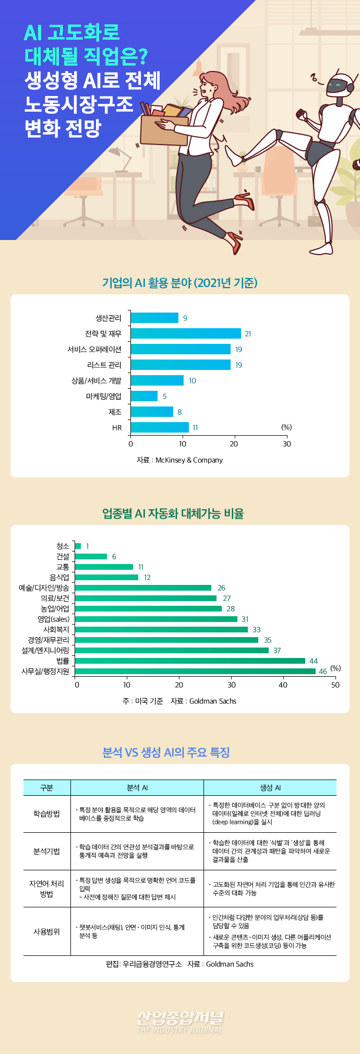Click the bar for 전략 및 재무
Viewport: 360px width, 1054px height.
pyautogui.click(x=185, y=333)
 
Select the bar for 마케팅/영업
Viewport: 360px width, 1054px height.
pyautogui.click(x=144, y=396)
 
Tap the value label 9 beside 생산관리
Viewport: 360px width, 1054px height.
pyautogui.click(x=185, y=318)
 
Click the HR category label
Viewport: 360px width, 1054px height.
pyautogui.click(x=117, y=428)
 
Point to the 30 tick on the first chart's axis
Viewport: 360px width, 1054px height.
pyautogui.click(x=286, y=444)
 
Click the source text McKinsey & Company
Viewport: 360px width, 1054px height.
pyautogui.click(x=189, y=460)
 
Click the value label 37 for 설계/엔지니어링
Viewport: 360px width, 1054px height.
pyautogui.click(x=277, y=651)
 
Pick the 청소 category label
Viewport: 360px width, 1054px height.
pyautogui.click(x=63, y=546)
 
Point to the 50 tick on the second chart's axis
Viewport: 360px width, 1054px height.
pyautogui.click(x=335, y=685)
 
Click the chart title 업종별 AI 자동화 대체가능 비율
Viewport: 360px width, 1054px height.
pyautogui.click(x=173, y=513)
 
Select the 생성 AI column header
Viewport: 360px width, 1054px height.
pyautogui.click(x=270, y=788)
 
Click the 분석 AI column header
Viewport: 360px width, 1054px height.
pyautogui.click(x=137, y=788)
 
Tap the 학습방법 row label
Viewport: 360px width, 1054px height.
pyautogui.click(x=46, y=814)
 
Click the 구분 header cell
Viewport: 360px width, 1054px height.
pyautogui.click(x=46, y=788)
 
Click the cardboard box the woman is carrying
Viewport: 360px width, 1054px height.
pyautogui.click(x=164, y=125)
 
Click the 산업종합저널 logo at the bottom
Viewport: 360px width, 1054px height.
pyautogui.click(x=179, y=1021)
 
